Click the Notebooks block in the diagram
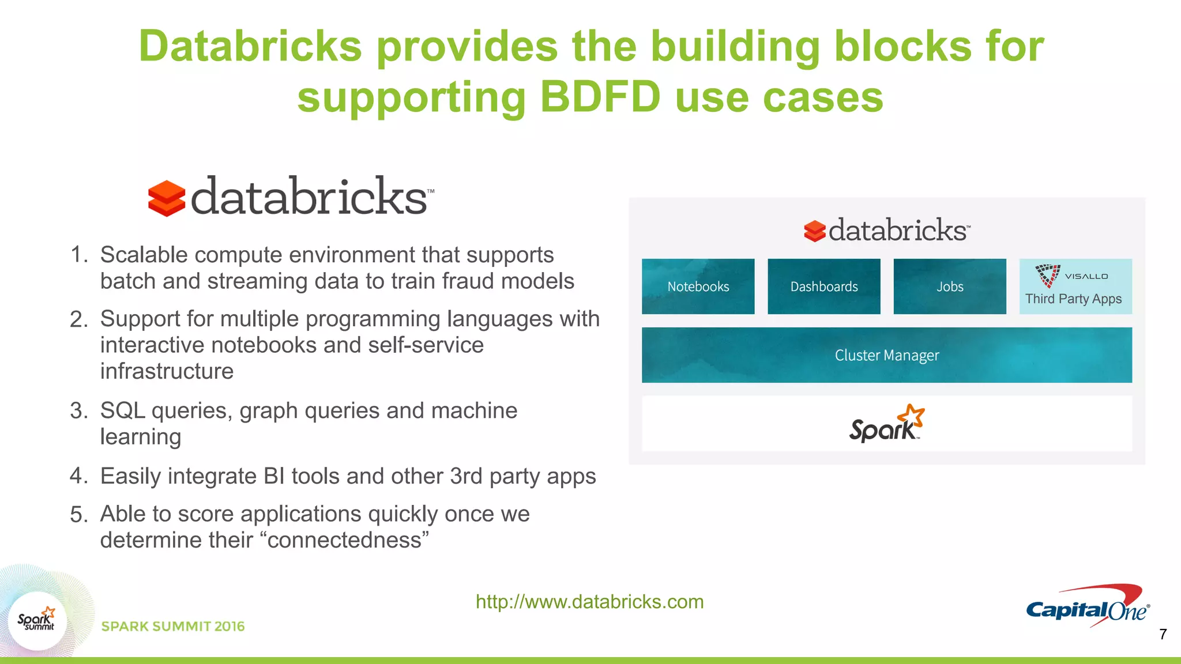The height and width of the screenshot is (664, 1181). pos(698,286)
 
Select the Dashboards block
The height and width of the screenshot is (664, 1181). pos(823,286)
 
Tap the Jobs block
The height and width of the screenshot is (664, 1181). pos(949,286)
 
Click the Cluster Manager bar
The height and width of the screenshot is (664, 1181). pos(886,355)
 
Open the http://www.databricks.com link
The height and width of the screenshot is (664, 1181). pos(589,602)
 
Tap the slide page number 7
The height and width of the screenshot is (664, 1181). pos(1163,635)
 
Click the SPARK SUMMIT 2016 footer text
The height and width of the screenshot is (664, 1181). pos(173,627)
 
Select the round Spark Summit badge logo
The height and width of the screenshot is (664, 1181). pos(37,621)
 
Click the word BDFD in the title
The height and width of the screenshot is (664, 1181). pos(600,97)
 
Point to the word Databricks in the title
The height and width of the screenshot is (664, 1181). pos(250,46)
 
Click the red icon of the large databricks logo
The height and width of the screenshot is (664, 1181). pos(167,198)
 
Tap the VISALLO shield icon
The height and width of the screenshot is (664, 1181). pos(1047,275)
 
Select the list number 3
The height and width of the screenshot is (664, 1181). pos(78,411)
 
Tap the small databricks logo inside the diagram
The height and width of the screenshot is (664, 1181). pos(886,231)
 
